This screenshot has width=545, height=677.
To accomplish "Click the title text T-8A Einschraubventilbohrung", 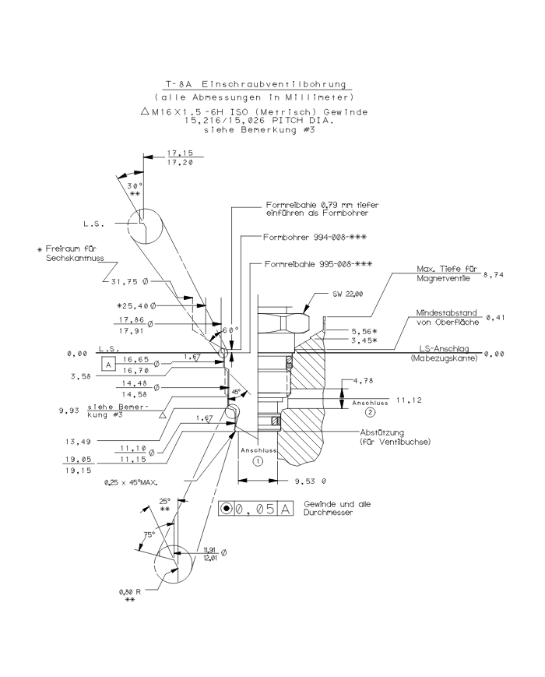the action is tap(257, 84).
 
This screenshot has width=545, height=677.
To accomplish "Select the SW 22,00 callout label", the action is tap(348, 294).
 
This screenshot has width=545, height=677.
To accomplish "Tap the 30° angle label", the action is tap(135, 185).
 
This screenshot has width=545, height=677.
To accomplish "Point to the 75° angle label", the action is tap(149, 534).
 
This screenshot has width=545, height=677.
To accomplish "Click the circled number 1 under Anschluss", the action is tap(258, 461).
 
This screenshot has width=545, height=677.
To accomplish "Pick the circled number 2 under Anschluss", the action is tap(371, 412).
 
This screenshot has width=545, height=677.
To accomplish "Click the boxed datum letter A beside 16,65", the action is tap(108, 365).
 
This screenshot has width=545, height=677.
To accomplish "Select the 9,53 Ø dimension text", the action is tap(311, 481).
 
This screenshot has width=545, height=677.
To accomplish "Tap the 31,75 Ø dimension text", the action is tap(130, 281).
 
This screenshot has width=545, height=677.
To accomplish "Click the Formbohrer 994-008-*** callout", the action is tap(315, 237).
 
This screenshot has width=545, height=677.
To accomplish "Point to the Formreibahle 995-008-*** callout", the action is tap(318, 264).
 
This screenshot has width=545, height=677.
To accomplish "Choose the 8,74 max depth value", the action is tap(494, 274).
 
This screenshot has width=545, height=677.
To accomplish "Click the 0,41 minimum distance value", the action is tap(495, 317).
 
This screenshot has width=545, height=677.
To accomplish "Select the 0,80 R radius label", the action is tap(130, 592).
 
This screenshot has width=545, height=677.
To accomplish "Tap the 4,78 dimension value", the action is tap(364, 381).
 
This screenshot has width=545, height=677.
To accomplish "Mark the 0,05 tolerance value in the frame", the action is tap(255, 509).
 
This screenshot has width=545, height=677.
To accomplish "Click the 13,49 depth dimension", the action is tap(78, 441).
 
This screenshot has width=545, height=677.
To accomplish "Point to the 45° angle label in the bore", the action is tap(236, 392).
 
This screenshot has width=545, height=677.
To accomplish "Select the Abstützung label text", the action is tap(381, 432).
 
